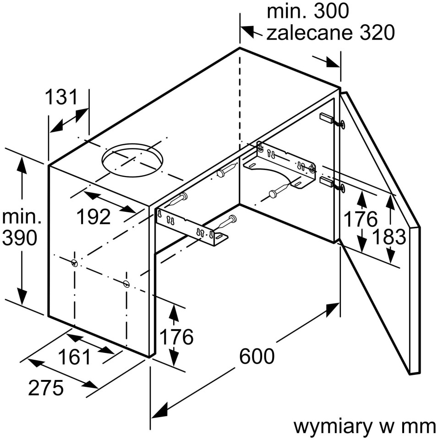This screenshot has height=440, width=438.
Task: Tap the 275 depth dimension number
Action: pos(45,388)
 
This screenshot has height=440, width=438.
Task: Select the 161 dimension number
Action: pos(74,357)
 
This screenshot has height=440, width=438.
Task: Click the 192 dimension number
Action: pos(93,216)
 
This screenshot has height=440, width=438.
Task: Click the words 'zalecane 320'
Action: pos(330,33)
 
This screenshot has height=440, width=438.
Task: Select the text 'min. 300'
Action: pos(307,11)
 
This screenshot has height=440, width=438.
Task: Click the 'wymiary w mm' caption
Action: pos(364,427)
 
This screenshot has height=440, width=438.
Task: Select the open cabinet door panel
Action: pos(380,229)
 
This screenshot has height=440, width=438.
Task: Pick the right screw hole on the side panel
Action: pos(126,283)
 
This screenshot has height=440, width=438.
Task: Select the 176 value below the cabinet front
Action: pos(176,337)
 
